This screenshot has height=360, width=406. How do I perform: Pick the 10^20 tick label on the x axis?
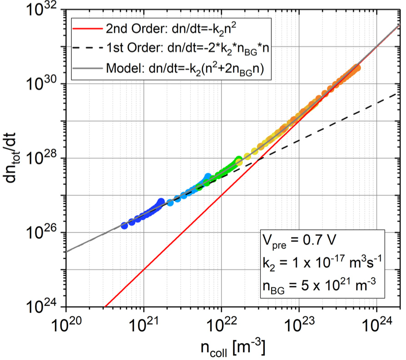(x=66, y=326)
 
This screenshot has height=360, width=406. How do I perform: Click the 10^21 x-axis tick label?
(x=144, y=326)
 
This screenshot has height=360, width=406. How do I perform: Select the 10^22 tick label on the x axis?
(x=221, y=326)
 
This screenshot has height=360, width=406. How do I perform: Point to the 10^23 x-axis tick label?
(x=299, y=326)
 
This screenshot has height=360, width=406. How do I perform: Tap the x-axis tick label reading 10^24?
(x=376, y=326)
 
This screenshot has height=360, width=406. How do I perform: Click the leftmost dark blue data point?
(x=124, y=225)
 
